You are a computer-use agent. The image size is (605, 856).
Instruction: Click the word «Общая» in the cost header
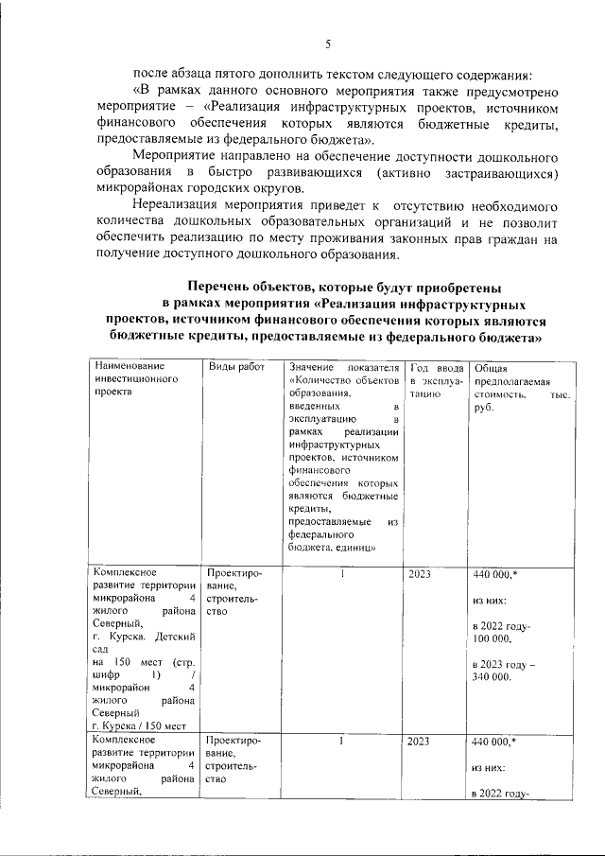(490, 366)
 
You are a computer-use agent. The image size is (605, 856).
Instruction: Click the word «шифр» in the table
(107, 673)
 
